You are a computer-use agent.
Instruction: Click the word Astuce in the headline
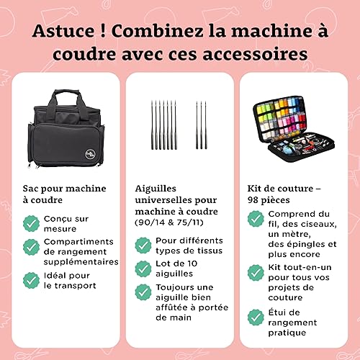63,31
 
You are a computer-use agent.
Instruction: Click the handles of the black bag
67,99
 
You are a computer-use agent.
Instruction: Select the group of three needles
202,125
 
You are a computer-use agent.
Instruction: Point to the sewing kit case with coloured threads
294,129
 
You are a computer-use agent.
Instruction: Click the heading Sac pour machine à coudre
64,194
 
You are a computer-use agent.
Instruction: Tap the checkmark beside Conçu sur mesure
31,223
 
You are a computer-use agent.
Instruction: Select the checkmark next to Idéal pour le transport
31,280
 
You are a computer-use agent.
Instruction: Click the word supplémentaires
81,262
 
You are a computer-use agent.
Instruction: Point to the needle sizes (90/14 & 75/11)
169,222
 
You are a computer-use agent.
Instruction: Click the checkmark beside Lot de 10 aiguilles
143,269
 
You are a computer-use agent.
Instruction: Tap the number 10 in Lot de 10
192,264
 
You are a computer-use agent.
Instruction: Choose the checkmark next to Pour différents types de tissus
143,246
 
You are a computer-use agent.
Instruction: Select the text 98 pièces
269,200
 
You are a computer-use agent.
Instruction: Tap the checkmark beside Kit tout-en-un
256,273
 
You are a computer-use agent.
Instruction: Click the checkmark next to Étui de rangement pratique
256,318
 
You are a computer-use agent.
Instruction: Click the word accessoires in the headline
255,54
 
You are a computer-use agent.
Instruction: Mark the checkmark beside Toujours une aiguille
143,292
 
